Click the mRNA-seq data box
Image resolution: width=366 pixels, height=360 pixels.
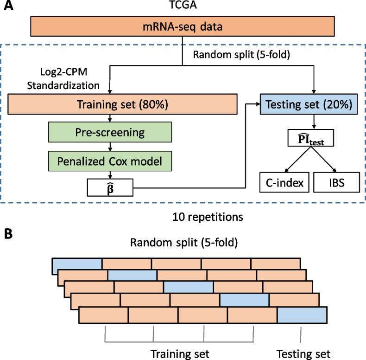[x=183, y=27]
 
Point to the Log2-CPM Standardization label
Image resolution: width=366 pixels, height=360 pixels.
[x=70, y=79]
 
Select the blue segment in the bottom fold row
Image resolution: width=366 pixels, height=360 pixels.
[x=302, y=315]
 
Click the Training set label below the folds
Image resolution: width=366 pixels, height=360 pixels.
[x=180, y=354]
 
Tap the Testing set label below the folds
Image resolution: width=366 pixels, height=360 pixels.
[x=303, y=354]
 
